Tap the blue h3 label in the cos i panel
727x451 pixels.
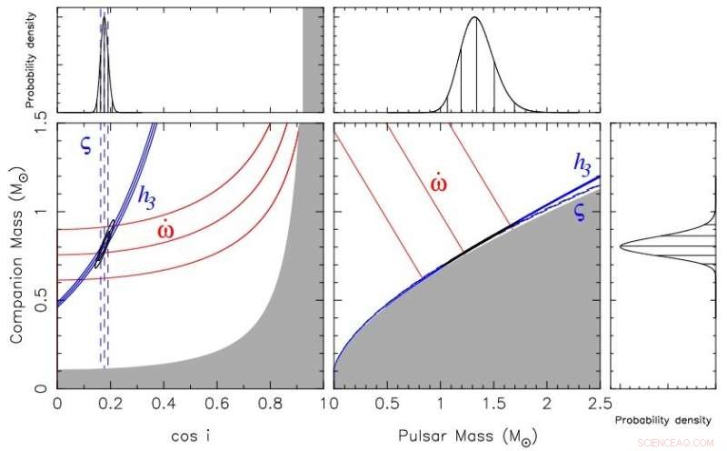tap(144, 195)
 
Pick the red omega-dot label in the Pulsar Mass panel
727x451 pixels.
tap(439, 182)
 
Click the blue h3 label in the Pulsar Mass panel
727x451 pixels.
tap(583, 163)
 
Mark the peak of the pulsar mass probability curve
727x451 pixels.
tap(475, 17)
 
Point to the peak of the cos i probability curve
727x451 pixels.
tap(105, 16)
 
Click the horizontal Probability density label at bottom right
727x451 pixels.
tap(654, 421)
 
